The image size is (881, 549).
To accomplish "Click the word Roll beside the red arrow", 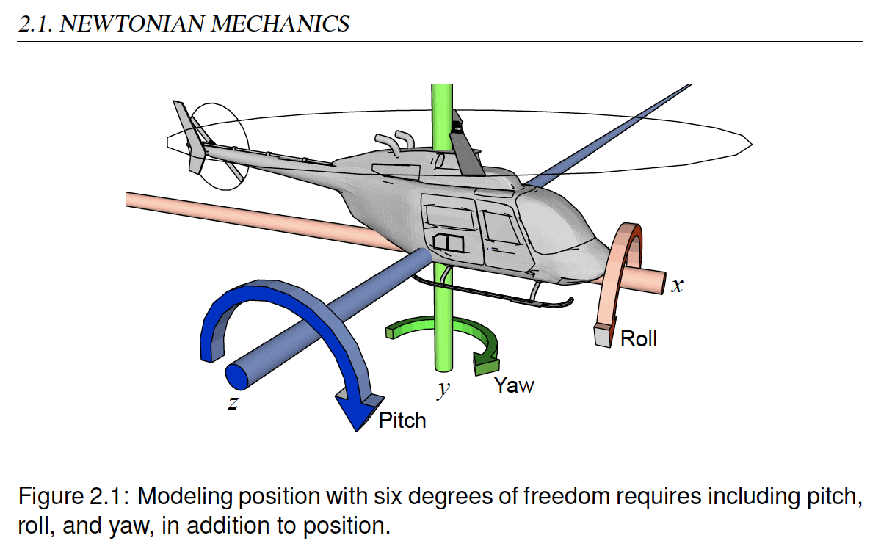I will [x=638, y=339].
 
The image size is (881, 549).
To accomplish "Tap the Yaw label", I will [x=513, y=385].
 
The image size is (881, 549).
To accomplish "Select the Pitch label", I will [x=402, y=421].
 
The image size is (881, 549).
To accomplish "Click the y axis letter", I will [x=443, y=388].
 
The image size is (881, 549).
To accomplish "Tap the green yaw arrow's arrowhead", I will [x=486, y=361].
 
